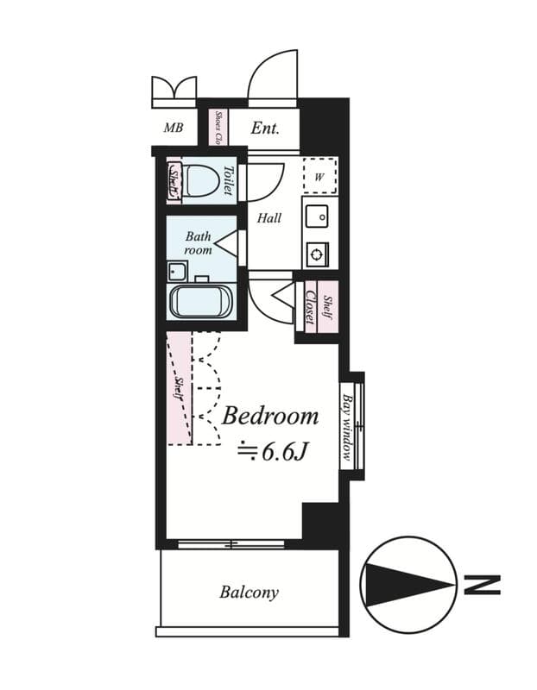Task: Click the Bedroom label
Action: [270, 417]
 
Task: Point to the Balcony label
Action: [249, 593]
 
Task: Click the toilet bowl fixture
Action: [201, 182]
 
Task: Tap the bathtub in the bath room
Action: [199, 303]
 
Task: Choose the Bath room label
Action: [198, 242]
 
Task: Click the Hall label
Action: [269, 218]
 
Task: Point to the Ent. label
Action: [265, 129]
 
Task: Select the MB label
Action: [174, 129]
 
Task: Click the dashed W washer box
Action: [319, 177]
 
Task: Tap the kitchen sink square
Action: [316, 216]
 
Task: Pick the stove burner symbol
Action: [317, 254]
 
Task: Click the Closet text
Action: [309, 305]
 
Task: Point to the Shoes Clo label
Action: [219, 128]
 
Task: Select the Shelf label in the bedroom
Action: [179, 389]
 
